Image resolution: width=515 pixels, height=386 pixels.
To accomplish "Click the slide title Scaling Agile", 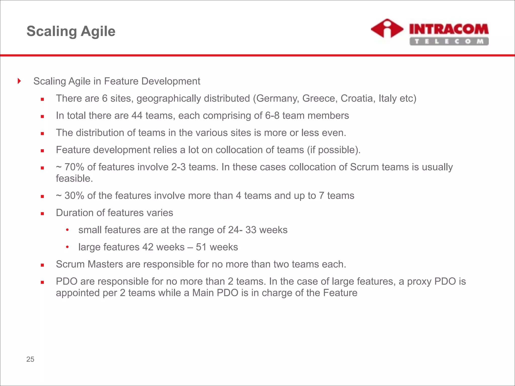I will [71, 31].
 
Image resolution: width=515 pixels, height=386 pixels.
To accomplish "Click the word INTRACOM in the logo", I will [449, 29].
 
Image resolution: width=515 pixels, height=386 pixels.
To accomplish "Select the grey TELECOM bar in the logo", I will [449, 41].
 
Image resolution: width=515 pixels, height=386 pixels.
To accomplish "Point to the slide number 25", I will [30, 359].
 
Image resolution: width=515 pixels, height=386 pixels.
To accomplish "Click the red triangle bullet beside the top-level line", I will [19, 81].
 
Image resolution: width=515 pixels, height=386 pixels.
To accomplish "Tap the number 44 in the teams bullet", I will [137, 116].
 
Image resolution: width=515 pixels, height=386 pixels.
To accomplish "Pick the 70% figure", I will [74, 167].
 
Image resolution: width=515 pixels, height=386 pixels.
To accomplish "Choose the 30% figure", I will [74, 196].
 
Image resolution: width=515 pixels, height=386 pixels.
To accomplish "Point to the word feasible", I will [74, 179].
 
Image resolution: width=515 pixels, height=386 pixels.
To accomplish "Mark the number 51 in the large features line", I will [201, 247].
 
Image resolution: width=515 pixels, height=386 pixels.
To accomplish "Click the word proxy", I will [419, 281].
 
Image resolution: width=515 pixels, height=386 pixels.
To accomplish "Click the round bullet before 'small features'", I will [67, 230].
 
